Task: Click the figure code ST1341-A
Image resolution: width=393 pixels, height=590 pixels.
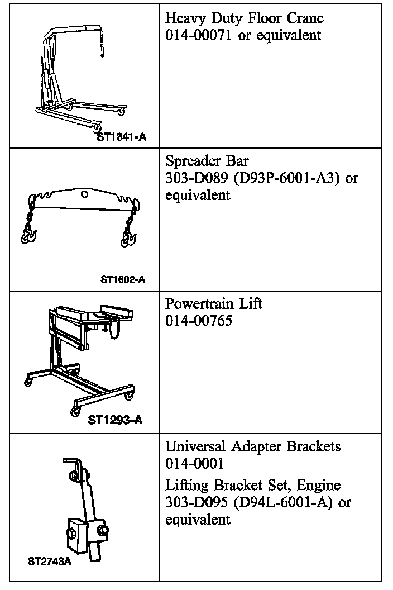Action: [121, 136]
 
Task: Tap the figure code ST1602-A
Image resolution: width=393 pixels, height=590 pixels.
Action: [122, 279]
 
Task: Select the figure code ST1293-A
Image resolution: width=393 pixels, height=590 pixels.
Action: [115, 420]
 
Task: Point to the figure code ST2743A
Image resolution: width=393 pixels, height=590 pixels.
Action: [50, 561]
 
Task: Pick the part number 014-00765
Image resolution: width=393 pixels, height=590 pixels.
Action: [199, 321]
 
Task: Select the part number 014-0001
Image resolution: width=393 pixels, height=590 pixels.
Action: [194, 464]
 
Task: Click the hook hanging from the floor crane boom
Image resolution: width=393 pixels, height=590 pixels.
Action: [102, 53]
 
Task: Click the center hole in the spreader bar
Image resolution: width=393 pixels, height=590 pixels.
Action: [83, 194]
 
